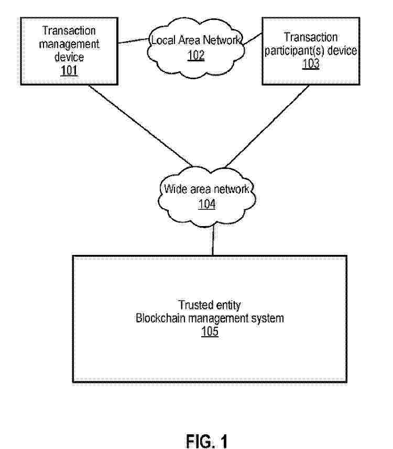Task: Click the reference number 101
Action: coord(69,70)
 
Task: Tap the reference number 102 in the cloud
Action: coord(196,55)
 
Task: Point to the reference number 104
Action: coord(206,204)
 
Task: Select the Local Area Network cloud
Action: coord(196,47)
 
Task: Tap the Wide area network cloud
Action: coord(206,197)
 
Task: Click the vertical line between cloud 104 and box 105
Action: coord(213,241)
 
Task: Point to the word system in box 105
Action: coord(270,318)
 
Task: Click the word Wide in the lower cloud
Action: coord(173,190)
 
